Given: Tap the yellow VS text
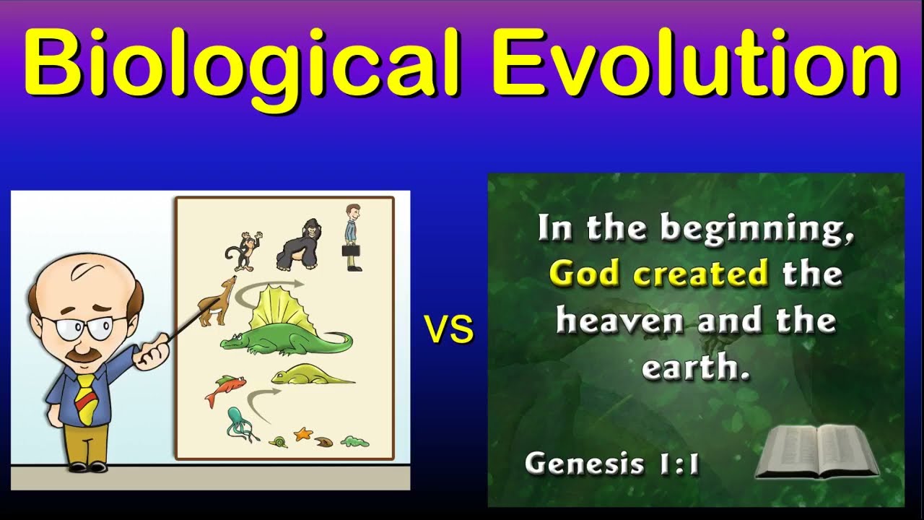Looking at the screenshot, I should [x=449, y=330].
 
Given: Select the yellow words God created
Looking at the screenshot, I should [x=658, y=274].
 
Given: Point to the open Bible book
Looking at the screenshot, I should [x=816, y=452].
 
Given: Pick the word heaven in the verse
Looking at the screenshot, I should [x=619, y=321].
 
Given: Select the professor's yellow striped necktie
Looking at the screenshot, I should [x=86, y=398].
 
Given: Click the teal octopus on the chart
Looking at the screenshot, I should [x=239, y=423].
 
